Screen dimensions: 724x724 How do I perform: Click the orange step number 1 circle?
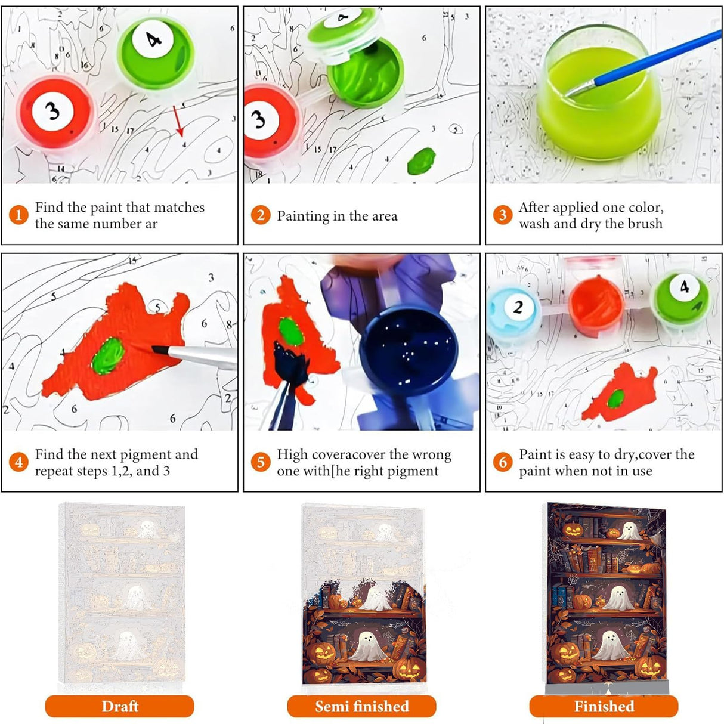click(18, 215)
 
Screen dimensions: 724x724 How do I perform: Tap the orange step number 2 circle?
click(261, 215)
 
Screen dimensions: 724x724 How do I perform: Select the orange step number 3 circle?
click(503, 215)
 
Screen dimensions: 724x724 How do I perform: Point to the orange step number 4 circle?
click(18, 462)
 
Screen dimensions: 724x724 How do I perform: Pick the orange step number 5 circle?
click(261, 462)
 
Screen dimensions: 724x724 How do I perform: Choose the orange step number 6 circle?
click(503, 462)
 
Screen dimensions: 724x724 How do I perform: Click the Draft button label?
click(119, 707)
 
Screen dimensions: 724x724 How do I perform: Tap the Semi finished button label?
click(361, 707)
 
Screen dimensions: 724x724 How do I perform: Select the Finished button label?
click(604, 707)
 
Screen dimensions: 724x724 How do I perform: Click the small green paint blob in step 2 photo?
click(421, 159)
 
